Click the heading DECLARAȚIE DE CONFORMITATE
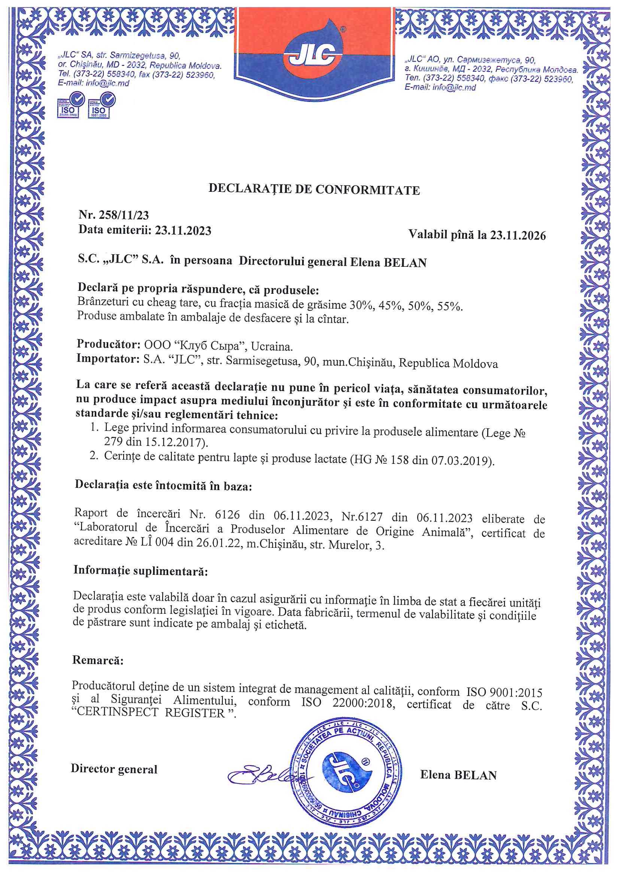click(x=314, y=189)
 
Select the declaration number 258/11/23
click(x=124, y=215)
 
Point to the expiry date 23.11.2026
click(x=518, y=235)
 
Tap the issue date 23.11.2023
click(x=183, y=230)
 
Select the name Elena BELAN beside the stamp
click(x=458, y=775)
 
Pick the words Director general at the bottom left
click(x=114, y=769)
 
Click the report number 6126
click(x=227, y=515)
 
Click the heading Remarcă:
click(x=98, y=660)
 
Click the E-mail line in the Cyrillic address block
click(x=440, y=87)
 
